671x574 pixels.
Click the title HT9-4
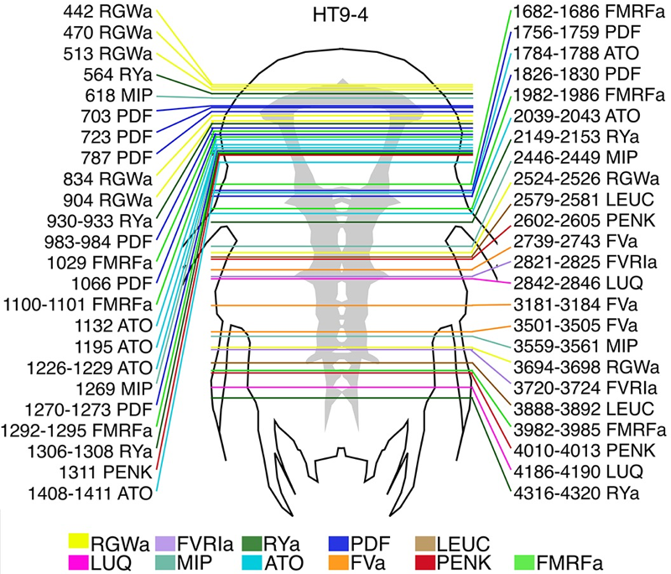click(335, 14)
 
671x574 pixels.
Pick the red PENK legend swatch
click(426, 561)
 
